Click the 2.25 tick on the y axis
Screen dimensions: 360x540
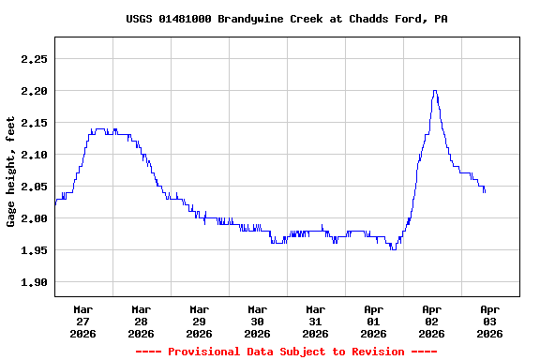click(34, 59)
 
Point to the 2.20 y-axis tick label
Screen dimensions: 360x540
click(34, 91)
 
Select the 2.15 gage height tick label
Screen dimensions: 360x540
click(34, 123)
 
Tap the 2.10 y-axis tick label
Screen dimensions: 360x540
click(34, 155)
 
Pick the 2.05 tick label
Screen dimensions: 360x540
click(34, 187)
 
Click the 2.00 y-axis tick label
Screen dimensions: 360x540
click(34, 218)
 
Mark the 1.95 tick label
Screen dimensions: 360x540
click(34, 250)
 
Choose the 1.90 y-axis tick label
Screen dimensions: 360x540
click(34, 282)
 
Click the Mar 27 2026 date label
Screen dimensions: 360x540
click(83, 321)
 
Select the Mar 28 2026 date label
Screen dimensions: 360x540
click(142, 321)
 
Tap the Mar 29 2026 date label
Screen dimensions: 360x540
click(200, 321)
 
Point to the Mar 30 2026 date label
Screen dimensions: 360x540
click(258, 321)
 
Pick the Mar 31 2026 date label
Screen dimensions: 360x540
click(316, 321)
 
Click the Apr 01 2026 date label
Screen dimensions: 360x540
click(374, 321)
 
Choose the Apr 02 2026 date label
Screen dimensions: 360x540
click(432, 321)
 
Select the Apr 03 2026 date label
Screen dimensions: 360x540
click(490, 321)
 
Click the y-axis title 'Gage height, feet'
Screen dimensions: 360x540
click(11, 172)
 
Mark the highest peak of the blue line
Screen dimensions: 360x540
click(435, 91)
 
